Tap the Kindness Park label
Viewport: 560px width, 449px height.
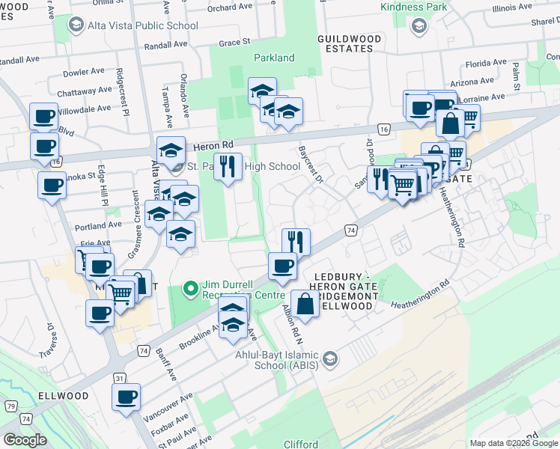point(414,7)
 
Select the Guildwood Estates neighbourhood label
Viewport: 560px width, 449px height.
point(354,43)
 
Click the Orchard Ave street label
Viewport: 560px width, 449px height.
point(229,7)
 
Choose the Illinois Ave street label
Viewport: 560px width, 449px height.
point(513,9)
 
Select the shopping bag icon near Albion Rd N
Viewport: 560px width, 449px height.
point(305,304)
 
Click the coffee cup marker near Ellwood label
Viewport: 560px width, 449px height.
point(126,397)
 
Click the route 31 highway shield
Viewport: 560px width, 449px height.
point(120,379)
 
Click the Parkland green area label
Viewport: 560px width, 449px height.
point(274,58)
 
